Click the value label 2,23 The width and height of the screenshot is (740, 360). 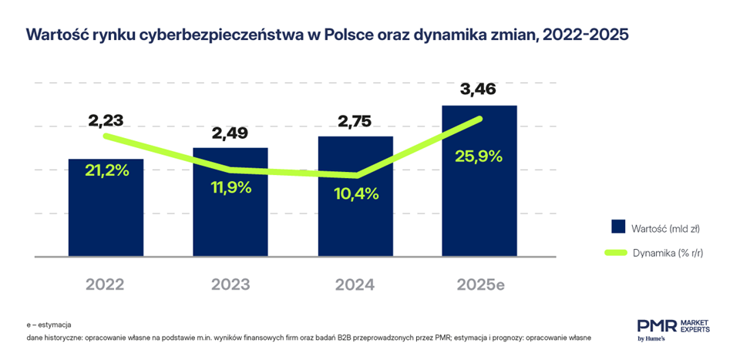click(106, 120)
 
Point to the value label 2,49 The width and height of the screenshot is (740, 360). click(230, 133)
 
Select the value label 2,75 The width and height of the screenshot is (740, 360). click(355, 121)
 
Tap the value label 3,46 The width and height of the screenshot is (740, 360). click(479, 90)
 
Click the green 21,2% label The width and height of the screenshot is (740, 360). click(106, 170)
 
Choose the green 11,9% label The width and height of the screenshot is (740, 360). click(231, 187)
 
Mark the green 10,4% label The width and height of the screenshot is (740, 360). click(355, 193)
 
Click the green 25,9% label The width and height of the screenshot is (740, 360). click(479, 156)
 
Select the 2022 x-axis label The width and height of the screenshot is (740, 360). click(106, 284)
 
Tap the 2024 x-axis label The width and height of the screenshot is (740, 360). click(355, 284)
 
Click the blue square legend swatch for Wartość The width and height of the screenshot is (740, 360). click(617, 227)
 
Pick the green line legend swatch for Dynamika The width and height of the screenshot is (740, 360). click(617, 251)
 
